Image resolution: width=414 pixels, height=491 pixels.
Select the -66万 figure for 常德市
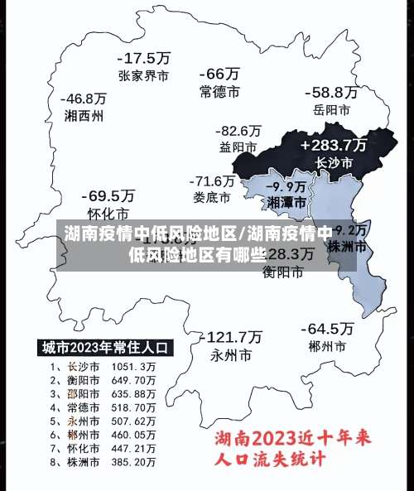[x=219, y=74]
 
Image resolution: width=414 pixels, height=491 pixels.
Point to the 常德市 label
[x=219, y=91]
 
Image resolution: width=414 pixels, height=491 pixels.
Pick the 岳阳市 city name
[x=331, y=109]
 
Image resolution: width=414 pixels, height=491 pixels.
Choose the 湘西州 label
[x=84, y=116]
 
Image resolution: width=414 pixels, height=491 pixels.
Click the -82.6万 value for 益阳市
[x=238, y=131]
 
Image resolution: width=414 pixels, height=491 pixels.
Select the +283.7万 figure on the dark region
[x=333, y=144]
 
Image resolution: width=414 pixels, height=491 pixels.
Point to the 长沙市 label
[x=333, y=163]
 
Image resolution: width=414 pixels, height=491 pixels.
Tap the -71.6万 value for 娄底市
[x=212, y=181]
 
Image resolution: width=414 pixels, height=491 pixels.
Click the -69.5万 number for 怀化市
[x=108, y=196]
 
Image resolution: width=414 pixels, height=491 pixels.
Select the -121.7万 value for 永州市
[x=232, y=337]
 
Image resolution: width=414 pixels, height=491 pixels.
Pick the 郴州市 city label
[x=325, y=345]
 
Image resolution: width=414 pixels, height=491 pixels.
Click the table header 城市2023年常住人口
[x=105, y=347]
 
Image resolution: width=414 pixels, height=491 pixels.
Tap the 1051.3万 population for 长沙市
[x=137, y=366]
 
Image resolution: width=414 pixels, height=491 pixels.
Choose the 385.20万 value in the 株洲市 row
[x=137, y=460]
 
